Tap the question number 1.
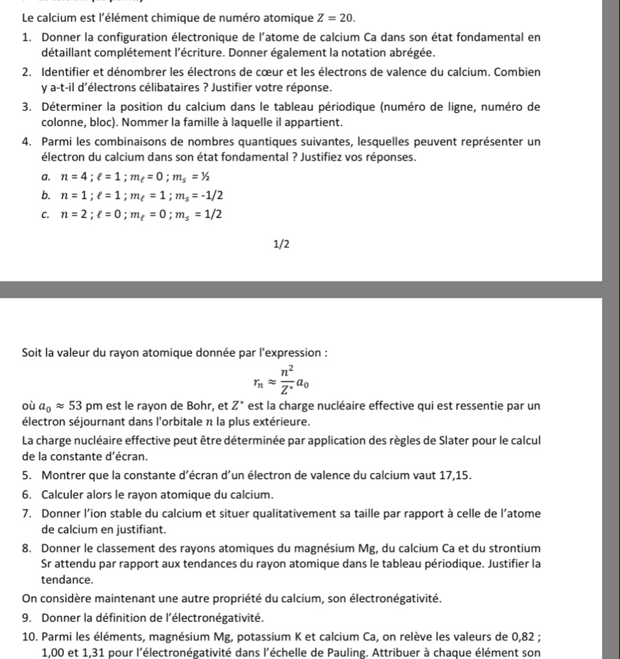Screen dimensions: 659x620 25,36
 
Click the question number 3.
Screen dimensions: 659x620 25,106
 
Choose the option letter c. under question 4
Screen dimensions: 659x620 45,214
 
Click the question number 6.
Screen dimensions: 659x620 25,494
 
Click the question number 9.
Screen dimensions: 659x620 25,615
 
